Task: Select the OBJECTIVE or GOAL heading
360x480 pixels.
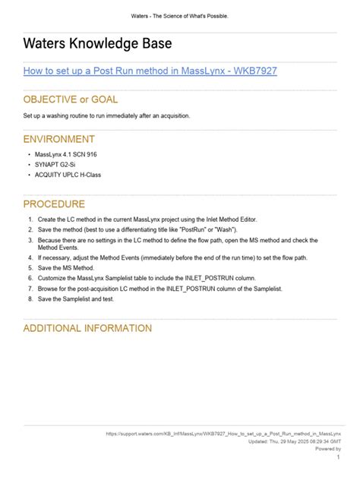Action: point(70,99)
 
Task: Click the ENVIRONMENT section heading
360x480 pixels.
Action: point(58,140)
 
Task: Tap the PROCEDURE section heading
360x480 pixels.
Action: point(54,204)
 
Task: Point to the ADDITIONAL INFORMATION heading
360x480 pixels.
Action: point(87,328)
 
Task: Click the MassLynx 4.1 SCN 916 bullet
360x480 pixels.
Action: point(66,154)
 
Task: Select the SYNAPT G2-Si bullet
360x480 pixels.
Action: point(55,164)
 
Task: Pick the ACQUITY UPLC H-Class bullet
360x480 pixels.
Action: point(68,175)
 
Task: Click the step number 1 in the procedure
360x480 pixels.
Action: point(30,219)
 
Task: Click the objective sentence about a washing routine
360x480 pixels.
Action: point(106,115)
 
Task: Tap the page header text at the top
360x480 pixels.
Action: point(179,16)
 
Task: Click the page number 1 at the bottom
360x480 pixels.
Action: point(339,457)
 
